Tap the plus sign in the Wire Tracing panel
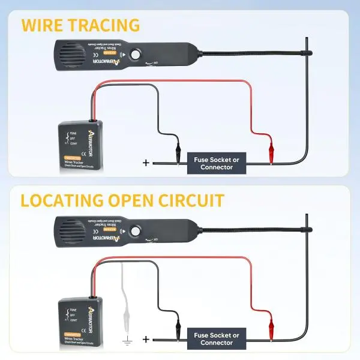pyautogui.click(x=145, y=163)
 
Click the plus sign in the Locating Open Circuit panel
pyautogui.click(x=145, y=338)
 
